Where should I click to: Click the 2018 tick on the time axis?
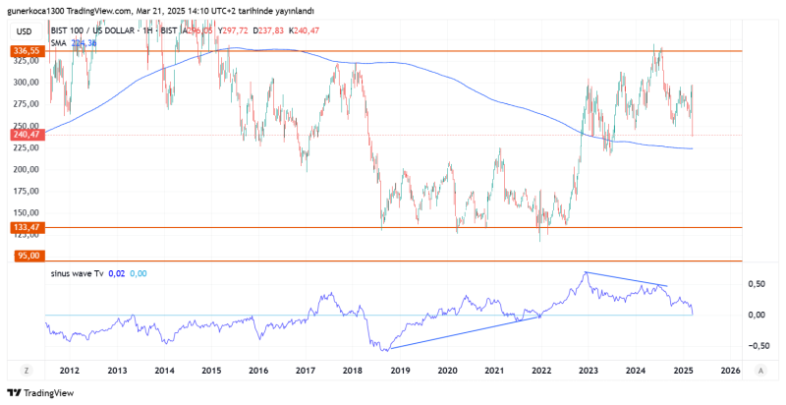(352, 371)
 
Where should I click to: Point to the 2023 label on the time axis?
(588, 371)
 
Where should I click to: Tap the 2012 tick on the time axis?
(69, 371)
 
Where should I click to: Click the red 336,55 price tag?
(26, 50)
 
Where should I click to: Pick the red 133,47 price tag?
(26, 227)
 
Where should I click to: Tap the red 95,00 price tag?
(26, 256)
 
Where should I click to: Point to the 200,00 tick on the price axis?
(26, 169)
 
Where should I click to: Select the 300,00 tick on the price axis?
(26, 82)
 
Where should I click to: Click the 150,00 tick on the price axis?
(26, 212)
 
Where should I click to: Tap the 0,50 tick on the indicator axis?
(757, 283)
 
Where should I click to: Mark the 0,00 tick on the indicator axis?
(757, 315)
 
